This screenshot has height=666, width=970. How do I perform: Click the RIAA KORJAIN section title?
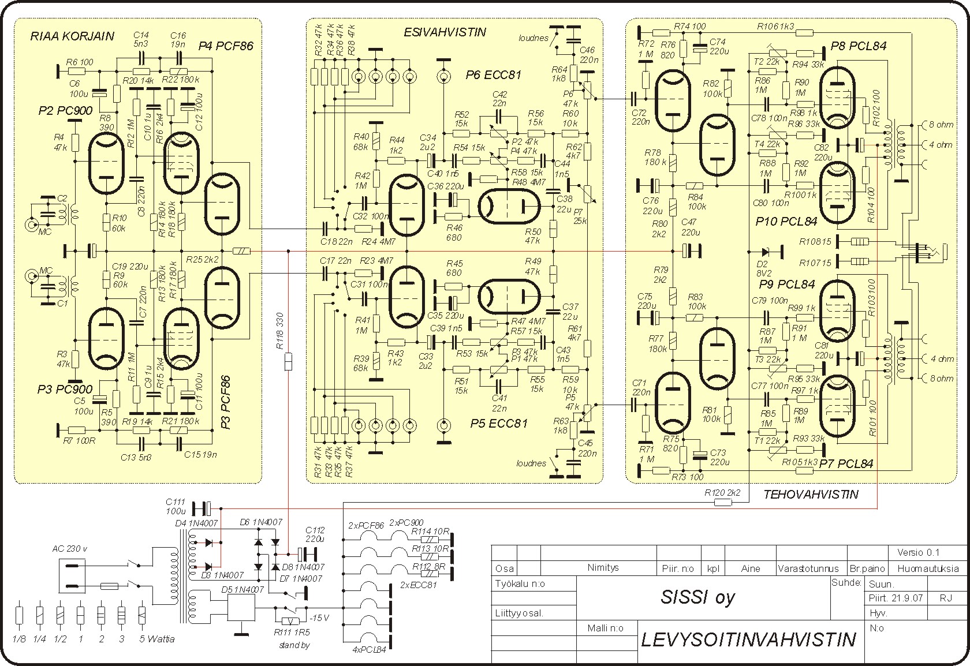(72, 36)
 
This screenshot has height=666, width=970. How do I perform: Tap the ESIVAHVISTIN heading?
(445, 33)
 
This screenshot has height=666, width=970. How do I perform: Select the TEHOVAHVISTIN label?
(811, 494)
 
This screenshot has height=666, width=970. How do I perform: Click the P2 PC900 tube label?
(65, 111)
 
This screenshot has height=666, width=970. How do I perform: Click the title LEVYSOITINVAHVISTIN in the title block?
(748, 639)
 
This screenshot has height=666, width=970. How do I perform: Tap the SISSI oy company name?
(697, 597)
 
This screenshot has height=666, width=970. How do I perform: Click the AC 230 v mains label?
(70, 549)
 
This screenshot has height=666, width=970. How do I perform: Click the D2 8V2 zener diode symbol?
(766, 252)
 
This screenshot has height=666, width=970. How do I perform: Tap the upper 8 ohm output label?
(941, 125)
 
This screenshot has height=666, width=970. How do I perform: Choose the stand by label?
(293, 645)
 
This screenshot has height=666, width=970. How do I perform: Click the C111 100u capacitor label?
(176, 507)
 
